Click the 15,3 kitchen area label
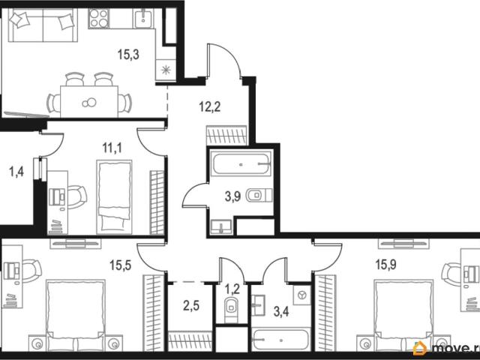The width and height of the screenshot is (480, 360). [x=128, y=55]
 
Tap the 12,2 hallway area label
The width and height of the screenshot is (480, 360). [x=210, y=107]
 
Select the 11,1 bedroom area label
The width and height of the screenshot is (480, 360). [x=112, y=148]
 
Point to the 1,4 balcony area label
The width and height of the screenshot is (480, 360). [x=16, y=172]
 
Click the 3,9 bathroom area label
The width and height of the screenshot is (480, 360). [x=233, y=196]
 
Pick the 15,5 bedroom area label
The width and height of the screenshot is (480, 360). [x=121, y=265]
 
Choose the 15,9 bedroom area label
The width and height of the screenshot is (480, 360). [x=385, y=265]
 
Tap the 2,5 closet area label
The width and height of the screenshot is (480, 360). [x=191, y=305]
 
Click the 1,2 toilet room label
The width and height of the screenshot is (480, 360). [x=232, y=289]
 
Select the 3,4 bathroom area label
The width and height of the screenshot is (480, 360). [x=281, y=312]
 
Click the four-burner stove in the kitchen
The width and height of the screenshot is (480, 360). [x=99, y=19]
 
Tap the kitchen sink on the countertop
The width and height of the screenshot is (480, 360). [x=143, y=18]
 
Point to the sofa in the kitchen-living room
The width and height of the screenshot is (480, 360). [x=43, y=25]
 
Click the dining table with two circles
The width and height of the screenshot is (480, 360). [x=89, y=102]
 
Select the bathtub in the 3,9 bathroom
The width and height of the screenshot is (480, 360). [x=241, y=164]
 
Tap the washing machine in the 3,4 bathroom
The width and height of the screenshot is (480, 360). [x=302, y=295]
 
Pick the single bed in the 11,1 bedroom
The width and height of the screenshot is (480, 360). [x=114, y=196]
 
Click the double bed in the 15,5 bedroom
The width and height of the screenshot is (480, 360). [x=76, y=315]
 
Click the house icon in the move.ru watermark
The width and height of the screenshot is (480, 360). [x=420, y=348]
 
